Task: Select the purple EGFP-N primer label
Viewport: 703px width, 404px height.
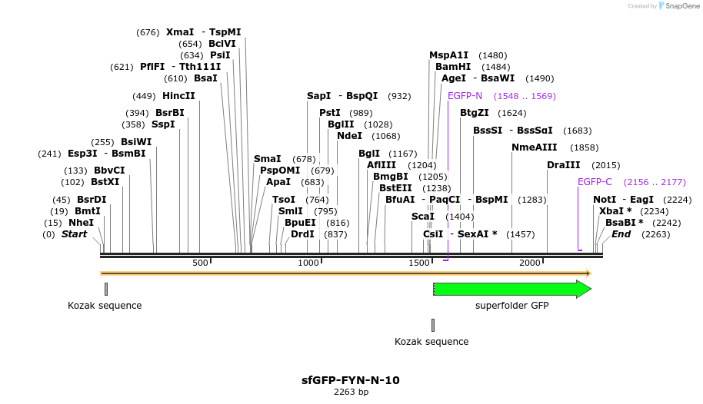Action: click(465, 96)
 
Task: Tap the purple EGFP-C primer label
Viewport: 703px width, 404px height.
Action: click(595, 182)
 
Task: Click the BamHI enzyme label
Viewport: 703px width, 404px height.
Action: click(453, 67)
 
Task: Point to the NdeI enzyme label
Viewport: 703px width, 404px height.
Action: click(349, 136)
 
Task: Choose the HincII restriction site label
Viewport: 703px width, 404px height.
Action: click(178, 96)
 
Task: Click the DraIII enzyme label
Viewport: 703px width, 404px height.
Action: click(563, 165)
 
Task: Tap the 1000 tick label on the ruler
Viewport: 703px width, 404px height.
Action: click(308, 263)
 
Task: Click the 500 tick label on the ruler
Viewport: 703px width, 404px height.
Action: click(200, 263)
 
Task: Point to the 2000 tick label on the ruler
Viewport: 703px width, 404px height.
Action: click(530, 263)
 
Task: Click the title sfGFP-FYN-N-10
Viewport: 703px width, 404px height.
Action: click(351, 380)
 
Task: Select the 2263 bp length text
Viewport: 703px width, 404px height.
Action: click(351, 392)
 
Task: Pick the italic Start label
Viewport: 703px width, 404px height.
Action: click(75, 233)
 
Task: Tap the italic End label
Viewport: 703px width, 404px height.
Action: click(621, 233)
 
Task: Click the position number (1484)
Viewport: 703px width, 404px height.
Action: click(495, 67)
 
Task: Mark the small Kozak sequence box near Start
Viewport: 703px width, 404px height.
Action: click(106, 289)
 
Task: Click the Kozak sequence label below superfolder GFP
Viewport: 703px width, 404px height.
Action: click(431, 342)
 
